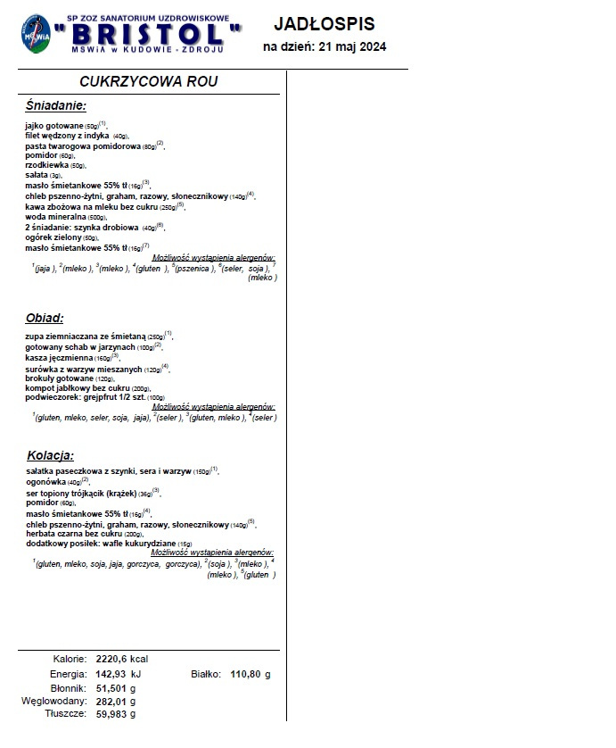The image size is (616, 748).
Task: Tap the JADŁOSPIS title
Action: pyautogui.click(x=324, y=23)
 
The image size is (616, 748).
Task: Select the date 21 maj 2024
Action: pyautogui.click(x=349, y=47)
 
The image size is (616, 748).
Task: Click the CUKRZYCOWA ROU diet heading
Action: pyautogui.click(x=149, y=81)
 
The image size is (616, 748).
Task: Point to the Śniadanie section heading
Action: pyautogui.click(x=56, y=105)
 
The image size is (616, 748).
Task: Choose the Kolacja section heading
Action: pyautogui.click(x=50, y=453)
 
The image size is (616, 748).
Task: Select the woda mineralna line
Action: pyautogui.click(x=65, y=216)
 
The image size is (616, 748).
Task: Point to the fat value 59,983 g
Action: pyautogui.click(x=116, y=714)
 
